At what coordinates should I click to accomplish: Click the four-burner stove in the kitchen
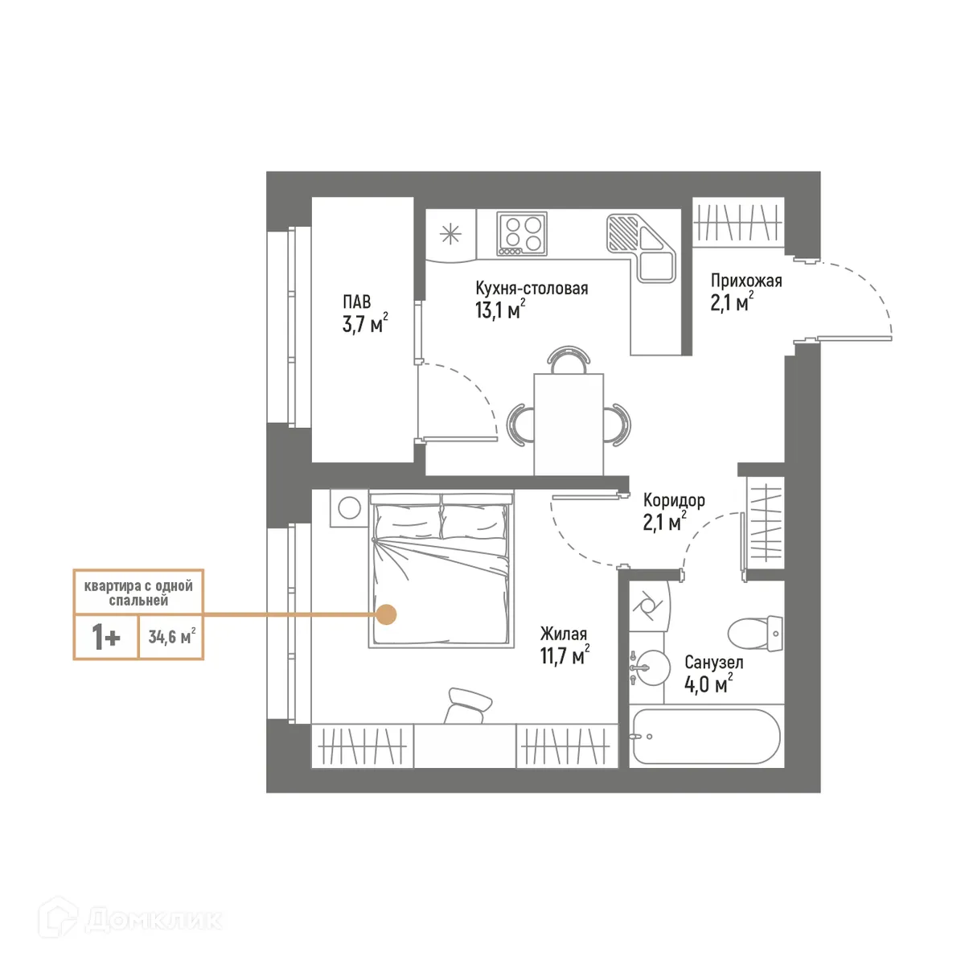[x=521, y=233]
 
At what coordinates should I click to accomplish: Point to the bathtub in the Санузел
[x=705, y=737]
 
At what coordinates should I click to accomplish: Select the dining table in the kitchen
[x=569, y=424]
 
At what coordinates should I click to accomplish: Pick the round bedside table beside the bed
[x=350, y=507]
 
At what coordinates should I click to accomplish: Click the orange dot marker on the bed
[x=387, y=614]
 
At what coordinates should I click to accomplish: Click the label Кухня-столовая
[x=532, y=288]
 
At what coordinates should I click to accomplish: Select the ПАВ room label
[x=357, y=302]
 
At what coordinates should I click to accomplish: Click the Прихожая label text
[x=745, y=281]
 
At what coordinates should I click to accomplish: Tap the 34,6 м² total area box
[x=171, y=637]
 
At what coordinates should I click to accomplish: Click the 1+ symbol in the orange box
[x=106, y=638]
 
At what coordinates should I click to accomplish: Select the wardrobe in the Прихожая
[x=738, y=221]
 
